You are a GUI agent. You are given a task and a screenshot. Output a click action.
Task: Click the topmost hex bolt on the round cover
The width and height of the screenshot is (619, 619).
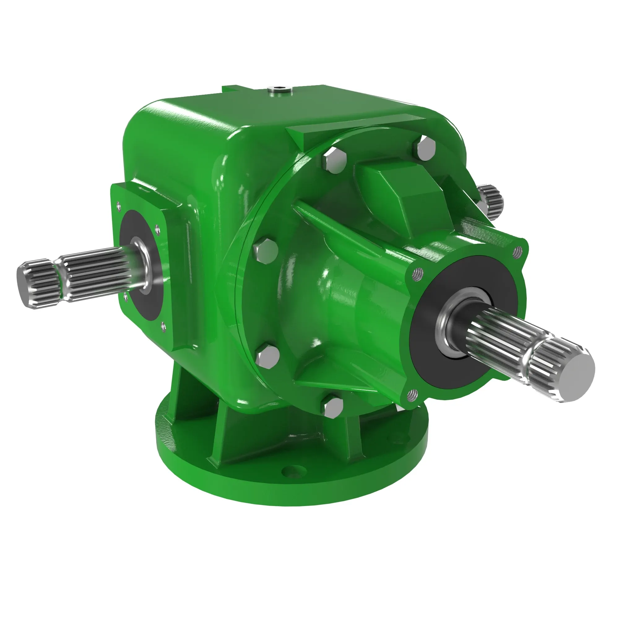pyautogui.click(x=426, y=148)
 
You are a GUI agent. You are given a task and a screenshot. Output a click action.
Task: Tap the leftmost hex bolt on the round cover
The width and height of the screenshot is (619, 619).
pyautogui.click(x=266, y=251)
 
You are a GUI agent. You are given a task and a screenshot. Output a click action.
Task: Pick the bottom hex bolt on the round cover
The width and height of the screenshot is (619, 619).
pyautogui.click(x=332, y=407)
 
